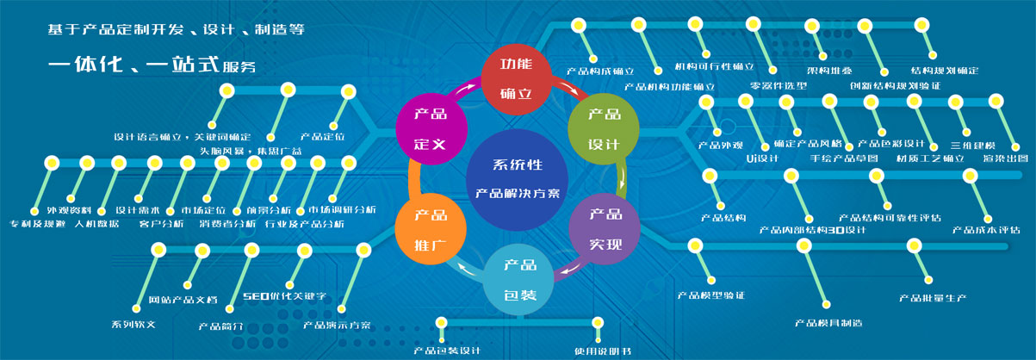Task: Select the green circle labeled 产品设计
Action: click(x=604, y=128)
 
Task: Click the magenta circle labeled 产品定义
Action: click(x=430, y=128)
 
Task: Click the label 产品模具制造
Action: click(x=828, y=323)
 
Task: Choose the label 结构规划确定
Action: click(x=944, y=71)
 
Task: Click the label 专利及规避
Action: click(x=37, y=224)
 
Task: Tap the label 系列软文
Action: click(x=133, y=325)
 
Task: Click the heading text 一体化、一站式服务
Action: click(x=152, y=65)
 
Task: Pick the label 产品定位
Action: click(x=322, y=136)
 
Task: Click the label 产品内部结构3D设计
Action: click(x=812, y=230)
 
